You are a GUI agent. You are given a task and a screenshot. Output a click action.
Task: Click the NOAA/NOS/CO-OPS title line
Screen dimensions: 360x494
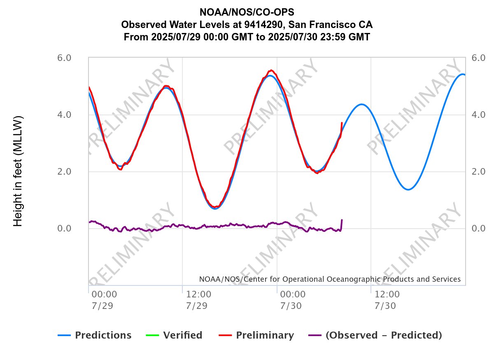[247, 11]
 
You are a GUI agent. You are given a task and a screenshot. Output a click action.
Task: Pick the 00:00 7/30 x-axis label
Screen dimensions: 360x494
[292, 300]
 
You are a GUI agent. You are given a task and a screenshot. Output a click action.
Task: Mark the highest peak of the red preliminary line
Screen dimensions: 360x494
[271, 70]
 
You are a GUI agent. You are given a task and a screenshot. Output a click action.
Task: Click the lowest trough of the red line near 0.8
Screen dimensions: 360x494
[215, 207]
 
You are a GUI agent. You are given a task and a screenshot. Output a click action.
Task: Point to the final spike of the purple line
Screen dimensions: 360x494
[342, 221]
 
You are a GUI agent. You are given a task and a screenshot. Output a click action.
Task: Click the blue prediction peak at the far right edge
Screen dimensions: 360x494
[462, 74]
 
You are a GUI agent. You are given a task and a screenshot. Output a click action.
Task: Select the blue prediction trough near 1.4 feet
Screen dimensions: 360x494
[408, 189]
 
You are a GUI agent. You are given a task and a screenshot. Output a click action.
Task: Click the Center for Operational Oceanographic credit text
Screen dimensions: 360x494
[329, 279]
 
